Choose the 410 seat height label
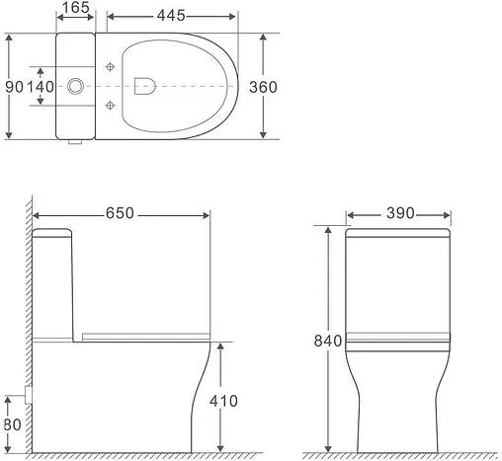point(225,402)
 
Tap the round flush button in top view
point(76,87)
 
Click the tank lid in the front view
point(399,234)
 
